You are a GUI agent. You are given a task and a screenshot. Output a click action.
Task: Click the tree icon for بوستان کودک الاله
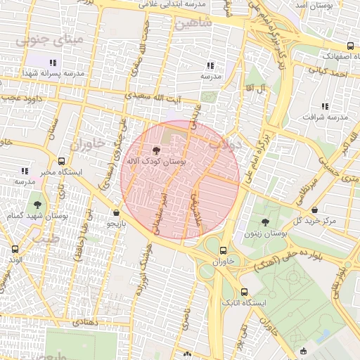pos(156,150)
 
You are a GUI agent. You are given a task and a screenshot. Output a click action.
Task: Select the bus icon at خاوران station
pos(224,250)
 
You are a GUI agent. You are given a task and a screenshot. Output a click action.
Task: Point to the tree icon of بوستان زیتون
pos(265,221)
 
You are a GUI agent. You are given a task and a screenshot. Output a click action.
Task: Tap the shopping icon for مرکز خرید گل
pos(314,210)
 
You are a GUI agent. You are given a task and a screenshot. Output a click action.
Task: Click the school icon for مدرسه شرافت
pos(324,106)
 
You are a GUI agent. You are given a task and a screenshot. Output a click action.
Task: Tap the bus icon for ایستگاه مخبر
pos(62,161)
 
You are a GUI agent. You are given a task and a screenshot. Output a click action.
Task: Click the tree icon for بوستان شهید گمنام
pos(37,205)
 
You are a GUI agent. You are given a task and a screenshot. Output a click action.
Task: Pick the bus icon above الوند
pos(15,249)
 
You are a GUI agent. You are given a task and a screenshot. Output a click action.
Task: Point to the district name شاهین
pos(194,24)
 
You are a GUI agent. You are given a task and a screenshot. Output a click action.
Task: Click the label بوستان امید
pos(326,6)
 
